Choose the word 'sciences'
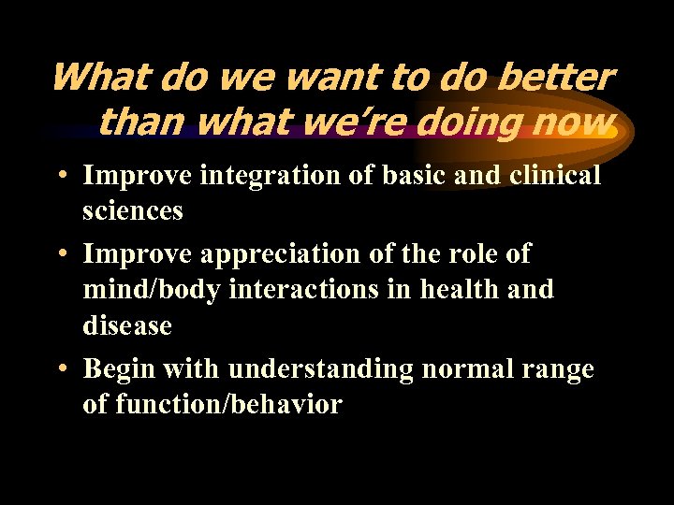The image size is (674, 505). [133, 210]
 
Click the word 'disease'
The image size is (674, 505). [127, 325]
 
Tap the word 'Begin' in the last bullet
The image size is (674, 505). [119, 369]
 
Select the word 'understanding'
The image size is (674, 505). [321, 369]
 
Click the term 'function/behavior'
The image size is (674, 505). [229, 405]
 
